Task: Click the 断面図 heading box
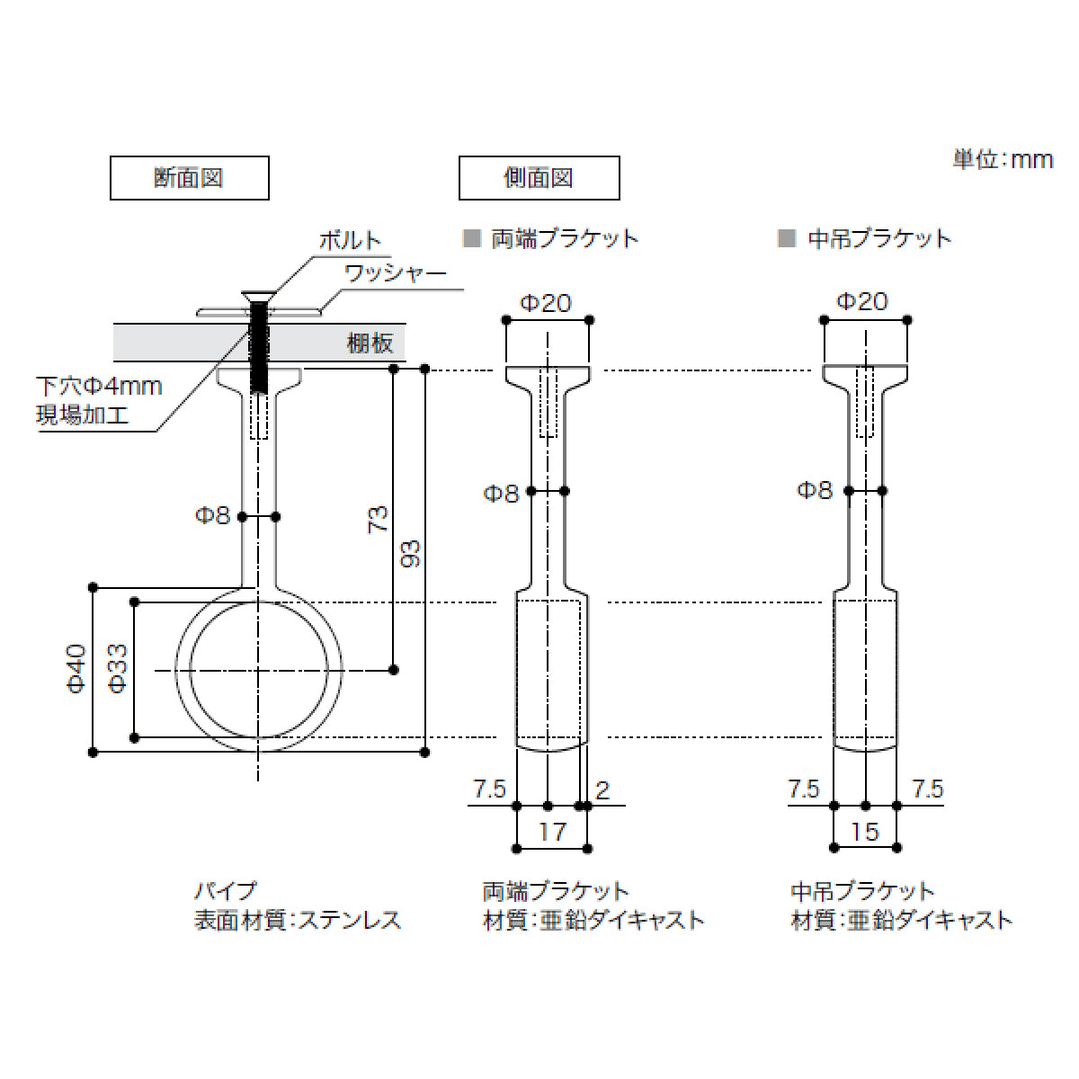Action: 189,178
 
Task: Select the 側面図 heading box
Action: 539,178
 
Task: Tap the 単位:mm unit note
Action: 1002,160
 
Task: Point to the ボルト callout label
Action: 350,241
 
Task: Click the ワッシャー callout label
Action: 396,272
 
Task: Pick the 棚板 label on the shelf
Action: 370,343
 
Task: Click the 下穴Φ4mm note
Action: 99,387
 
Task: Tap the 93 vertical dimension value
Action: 411,554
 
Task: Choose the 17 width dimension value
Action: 552,832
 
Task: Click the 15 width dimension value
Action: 864,832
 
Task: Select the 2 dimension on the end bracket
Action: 602,790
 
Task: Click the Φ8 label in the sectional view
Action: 213,516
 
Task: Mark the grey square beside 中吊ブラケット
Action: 787,238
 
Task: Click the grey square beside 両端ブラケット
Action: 470,238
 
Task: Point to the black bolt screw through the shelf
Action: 260,346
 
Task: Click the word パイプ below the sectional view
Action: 226,892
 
